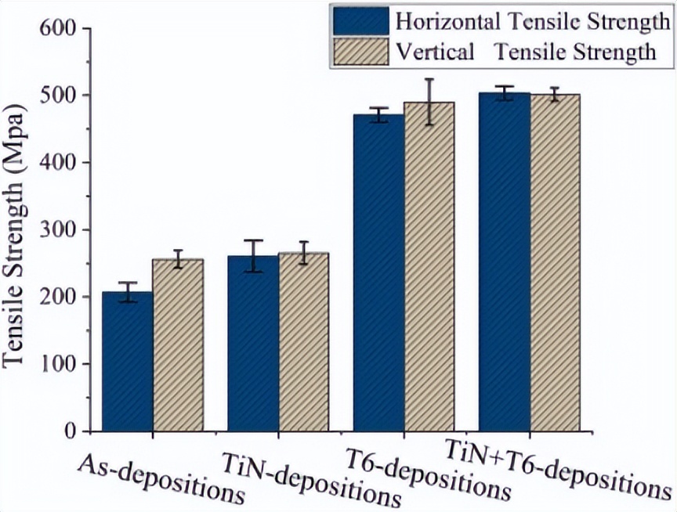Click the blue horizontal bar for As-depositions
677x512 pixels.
pyautogui.click(x=127, y=362)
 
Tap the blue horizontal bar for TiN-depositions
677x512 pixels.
pyautogui.click(x=253, y=344)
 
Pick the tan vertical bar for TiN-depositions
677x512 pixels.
pyautogui.click(x=303, y=342)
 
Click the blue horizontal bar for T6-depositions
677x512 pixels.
pyautogui.click(x=378, y=273)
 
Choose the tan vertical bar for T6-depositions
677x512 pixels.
pyautogui.click(x=429, y=266)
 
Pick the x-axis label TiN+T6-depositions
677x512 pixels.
pyautogui.click(x=557, y=471)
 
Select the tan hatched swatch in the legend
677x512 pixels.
pyautogui.click(x=359, y=52)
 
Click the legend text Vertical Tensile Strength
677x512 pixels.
pyautogui.click(x=525, y=52)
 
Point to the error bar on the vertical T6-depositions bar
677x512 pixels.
pyautogui.click(x=429, y=102)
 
